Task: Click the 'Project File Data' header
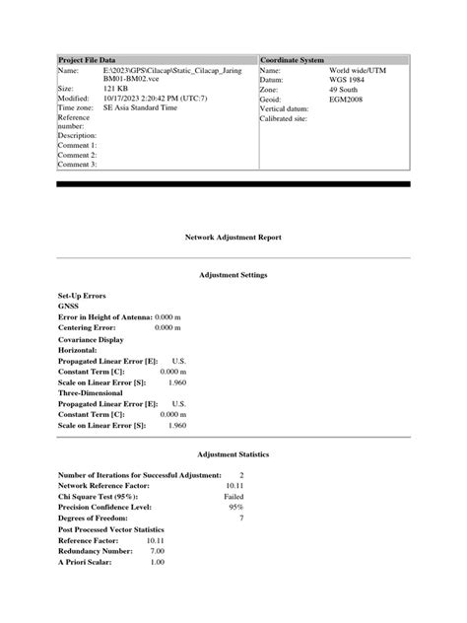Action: tap(94, 60)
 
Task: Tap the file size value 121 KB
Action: tap(118, 89)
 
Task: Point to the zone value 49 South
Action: tap(347, 89)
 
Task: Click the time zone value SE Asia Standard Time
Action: tap(156, 107)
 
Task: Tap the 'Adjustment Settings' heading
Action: tap(233, 274)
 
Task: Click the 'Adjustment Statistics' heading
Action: tap(233, 454)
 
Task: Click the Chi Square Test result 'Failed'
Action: tap(233, 497)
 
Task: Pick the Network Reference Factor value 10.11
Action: tap(233, 486)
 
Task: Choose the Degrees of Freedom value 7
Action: tap(240, 518)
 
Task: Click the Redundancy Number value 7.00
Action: tap(157, 551)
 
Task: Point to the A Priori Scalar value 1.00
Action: tap(157, 562)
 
